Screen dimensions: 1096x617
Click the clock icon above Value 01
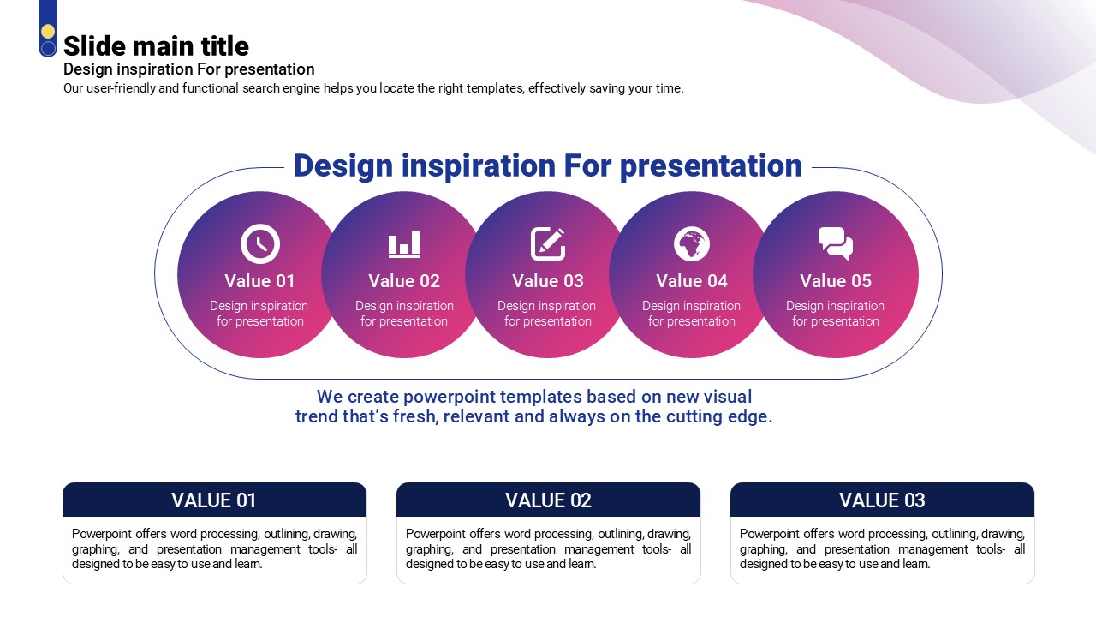tap(260, 243)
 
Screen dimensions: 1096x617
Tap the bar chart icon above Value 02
tap(404, 244)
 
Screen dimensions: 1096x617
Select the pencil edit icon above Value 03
tap(548, 243)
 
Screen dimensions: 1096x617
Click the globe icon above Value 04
tap(692, 243)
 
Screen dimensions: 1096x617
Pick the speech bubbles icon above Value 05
tap(836, 243)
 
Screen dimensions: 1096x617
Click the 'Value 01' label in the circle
tap(259, 281)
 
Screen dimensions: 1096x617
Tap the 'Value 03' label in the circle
tap(548, 281)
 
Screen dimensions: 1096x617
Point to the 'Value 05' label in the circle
tap(836, 281)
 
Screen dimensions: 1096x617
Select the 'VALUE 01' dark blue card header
tap(214, 500)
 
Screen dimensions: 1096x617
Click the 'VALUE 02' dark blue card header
tap(549, 500)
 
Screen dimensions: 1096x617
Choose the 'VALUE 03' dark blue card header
tap(882, 500)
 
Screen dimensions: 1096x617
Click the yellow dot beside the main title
tap(48, 32)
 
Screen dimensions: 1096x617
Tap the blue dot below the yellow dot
tap(48, 49)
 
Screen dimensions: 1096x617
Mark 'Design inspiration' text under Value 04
tap(691, 306)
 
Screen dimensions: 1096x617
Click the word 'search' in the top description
tap(261, 88)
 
